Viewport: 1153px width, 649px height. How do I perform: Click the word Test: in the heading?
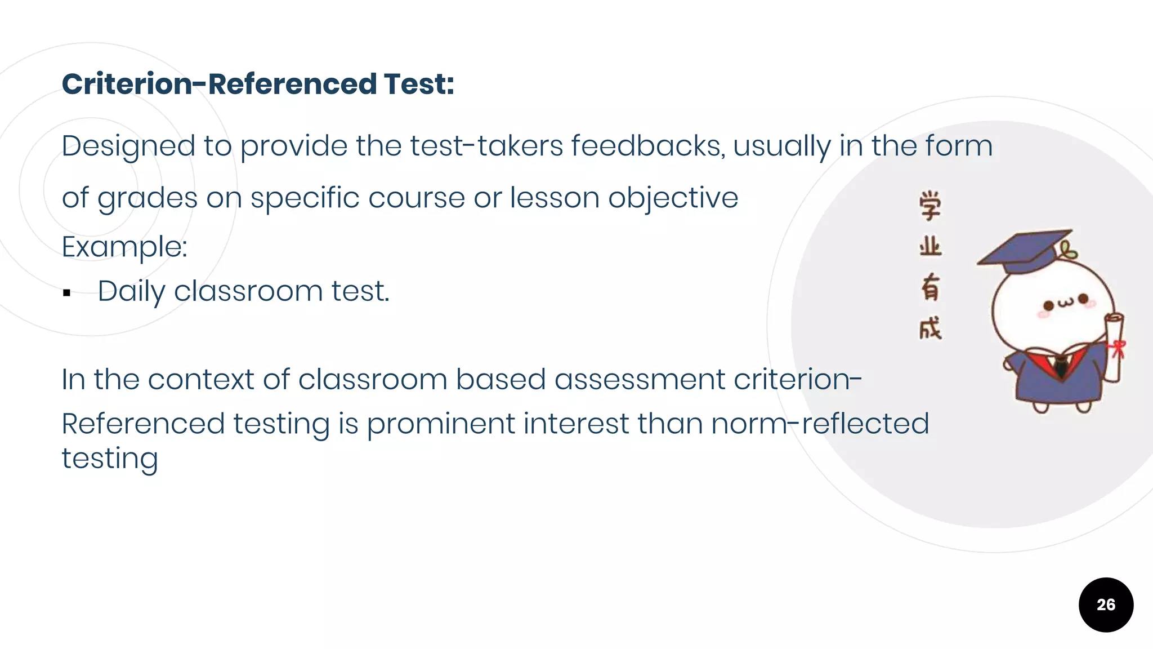[x=419, y=85]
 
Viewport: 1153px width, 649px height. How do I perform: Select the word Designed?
[x=128, y=146]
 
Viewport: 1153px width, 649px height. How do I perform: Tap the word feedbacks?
[x=648, y=146]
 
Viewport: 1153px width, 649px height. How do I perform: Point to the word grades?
[x=148, y=199]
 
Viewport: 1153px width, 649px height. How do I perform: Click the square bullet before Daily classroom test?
[x=67, y=293]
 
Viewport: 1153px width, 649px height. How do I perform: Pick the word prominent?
[x=441, y=424]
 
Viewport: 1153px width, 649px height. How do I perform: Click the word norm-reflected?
[x=820, y=424]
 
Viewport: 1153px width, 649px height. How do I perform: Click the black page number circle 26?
[x=1106, y=604]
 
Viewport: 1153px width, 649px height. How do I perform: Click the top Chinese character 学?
[x=930, y=206]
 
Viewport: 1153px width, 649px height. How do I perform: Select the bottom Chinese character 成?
[x=930, y=328]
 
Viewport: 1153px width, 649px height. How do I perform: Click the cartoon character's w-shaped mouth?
[x=1066, y=303]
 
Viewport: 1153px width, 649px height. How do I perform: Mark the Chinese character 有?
[x=930, y=287]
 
